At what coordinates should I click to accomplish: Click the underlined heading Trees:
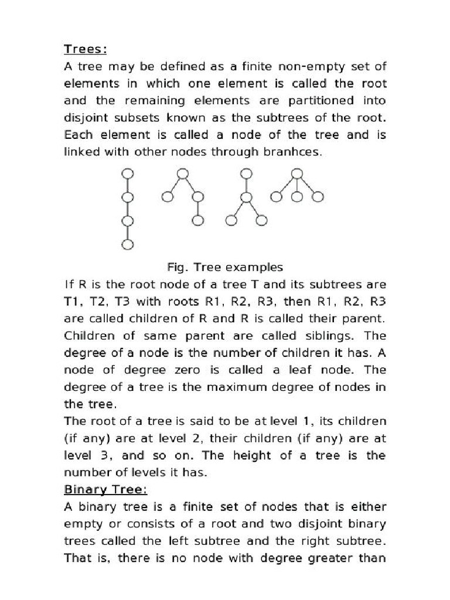84,49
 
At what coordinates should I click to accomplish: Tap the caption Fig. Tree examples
225,267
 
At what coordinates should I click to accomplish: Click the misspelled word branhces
293,151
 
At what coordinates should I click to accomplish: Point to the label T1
74,302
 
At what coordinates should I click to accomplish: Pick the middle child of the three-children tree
297,196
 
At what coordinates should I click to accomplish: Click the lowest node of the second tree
197,220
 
